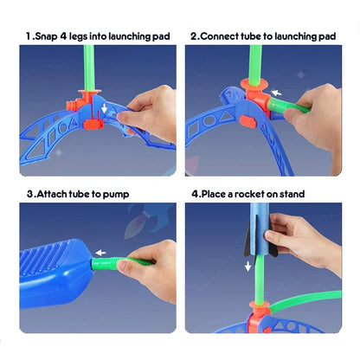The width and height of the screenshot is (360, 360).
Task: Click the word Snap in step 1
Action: click(x=49, y=36)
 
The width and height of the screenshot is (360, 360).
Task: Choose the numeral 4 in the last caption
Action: click(x=196, y=193)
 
